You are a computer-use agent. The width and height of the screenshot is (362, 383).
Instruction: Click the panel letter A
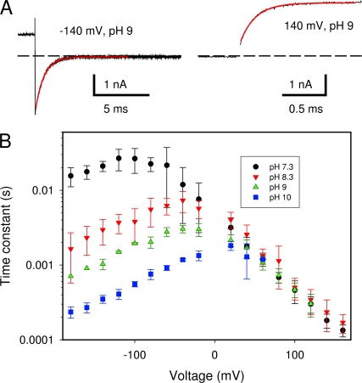(x=6, y=8)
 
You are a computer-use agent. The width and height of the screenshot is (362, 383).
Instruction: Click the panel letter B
(x=5, y=140)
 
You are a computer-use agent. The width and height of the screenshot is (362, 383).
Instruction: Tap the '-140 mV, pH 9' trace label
(x=96, y=31)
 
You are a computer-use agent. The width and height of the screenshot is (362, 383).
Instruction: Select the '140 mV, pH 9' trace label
(x=319, y=26)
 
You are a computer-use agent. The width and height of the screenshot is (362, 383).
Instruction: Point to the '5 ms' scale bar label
(x=115, y=109)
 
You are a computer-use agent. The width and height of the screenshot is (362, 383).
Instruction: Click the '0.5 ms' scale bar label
(x=306, y=109)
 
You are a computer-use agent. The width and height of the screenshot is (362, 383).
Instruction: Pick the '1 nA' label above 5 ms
(x=115, y=84)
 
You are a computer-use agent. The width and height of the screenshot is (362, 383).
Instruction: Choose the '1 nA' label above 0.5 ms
(x=301, y=84)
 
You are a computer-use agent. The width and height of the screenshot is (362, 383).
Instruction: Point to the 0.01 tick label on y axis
(x=44, y=190)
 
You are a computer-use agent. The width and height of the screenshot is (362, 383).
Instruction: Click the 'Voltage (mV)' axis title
(x=207, y=376)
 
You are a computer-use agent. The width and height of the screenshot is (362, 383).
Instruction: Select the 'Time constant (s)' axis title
(x=6, y=235)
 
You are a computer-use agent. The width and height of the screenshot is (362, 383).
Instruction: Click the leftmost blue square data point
(x=71, y=312)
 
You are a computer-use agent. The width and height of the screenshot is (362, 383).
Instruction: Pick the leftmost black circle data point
(x=71, y=176)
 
